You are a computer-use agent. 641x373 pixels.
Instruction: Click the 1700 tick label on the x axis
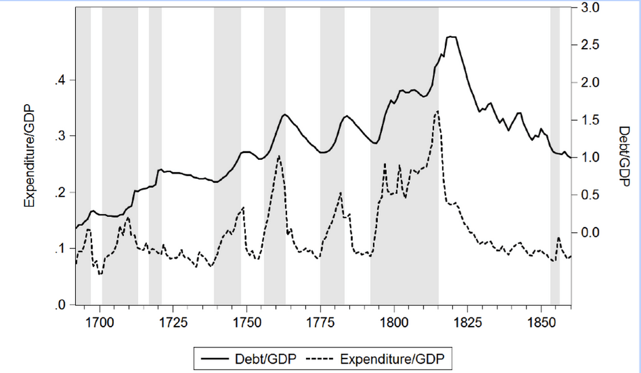pos(100,321)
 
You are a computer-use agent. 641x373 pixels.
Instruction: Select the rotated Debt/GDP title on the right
pos(624,156)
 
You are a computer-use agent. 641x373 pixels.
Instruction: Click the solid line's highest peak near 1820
pos(452,36)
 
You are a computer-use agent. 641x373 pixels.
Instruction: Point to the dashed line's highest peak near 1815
pos(438,111)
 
